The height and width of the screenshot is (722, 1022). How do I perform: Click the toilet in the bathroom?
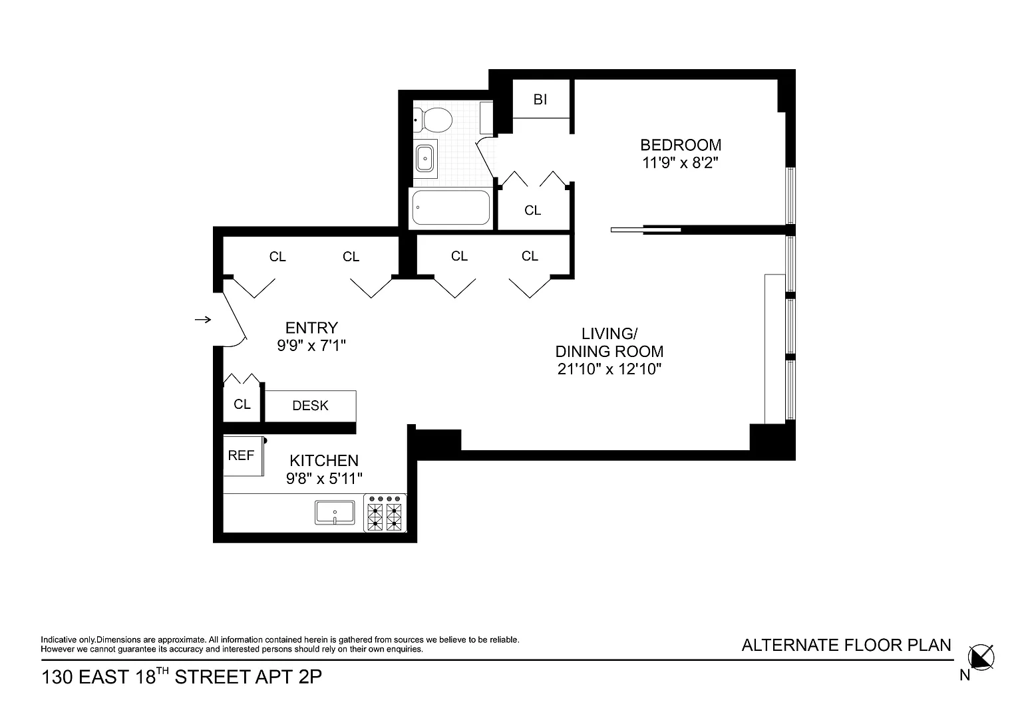pos(432,120)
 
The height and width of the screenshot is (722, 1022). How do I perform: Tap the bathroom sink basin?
pos(425,159)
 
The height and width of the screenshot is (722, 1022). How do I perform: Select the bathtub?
pos(450,207)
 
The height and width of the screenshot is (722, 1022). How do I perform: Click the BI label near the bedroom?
pos(540,99)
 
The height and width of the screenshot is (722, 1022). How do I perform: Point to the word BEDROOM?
pos(681,145)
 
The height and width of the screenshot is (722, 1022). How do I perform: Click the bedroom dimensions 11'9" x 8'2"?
pos(680,163)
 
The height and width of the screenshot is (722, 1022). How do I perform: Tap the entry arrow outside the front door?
pos(203,320)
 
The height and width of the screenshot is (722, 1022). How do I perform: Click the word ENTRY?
pos(311,328)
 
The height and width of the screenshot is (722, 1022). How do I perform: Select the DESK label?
pos(310,406)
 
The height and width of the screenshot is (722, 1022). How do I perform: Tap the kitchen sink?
pos(335,513)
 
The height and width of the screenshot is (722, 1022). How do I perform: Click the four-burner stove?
pos(385,513)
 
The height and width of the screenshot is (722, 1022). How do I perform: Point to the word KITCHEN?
pos(324,461)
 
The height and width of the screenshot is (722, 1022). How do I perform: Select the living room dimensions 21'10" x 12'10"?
pos(609,369)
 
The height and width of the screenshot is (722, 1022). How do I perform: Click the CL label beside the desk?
pos(242,404)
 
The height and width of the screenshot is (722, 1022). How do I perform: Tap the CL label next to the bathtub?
pos(532,210)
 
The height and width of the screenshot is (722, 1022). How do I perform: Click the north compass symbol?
pos(981,658)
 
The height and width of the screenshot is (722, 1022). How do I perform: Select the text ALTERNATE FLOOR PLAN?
pos(846,646)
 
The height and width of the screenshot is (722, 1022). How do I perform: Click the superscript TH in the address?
pos(163,671)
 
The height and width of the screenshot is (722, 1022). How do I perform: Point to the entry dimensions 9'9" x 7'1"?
pos(311,346)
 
